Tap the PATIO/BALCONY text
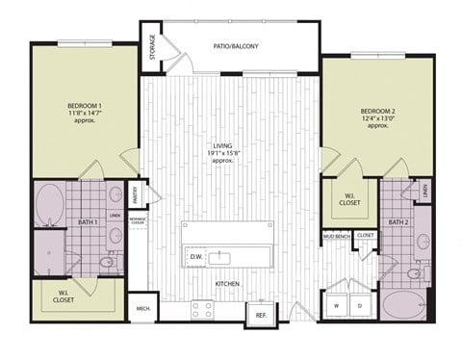coord(236,45)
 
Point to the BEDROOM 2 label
coord(379,118)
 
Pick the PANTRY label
coord(137,194)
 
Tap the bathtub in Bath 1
coord(50,204)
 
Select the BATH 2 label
coord(398,222)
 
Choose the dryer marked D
coord(360,307)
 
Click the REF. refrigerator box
coord(260,315)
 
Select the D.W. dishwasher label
coord(195,256)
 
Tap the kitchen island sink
coord(223,256)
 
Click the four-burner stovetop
coord(202,309)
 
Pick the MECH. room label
coord(142,309)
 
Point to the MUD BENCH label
coord(336,235)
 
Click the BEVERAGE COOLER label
coord(138,220)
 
